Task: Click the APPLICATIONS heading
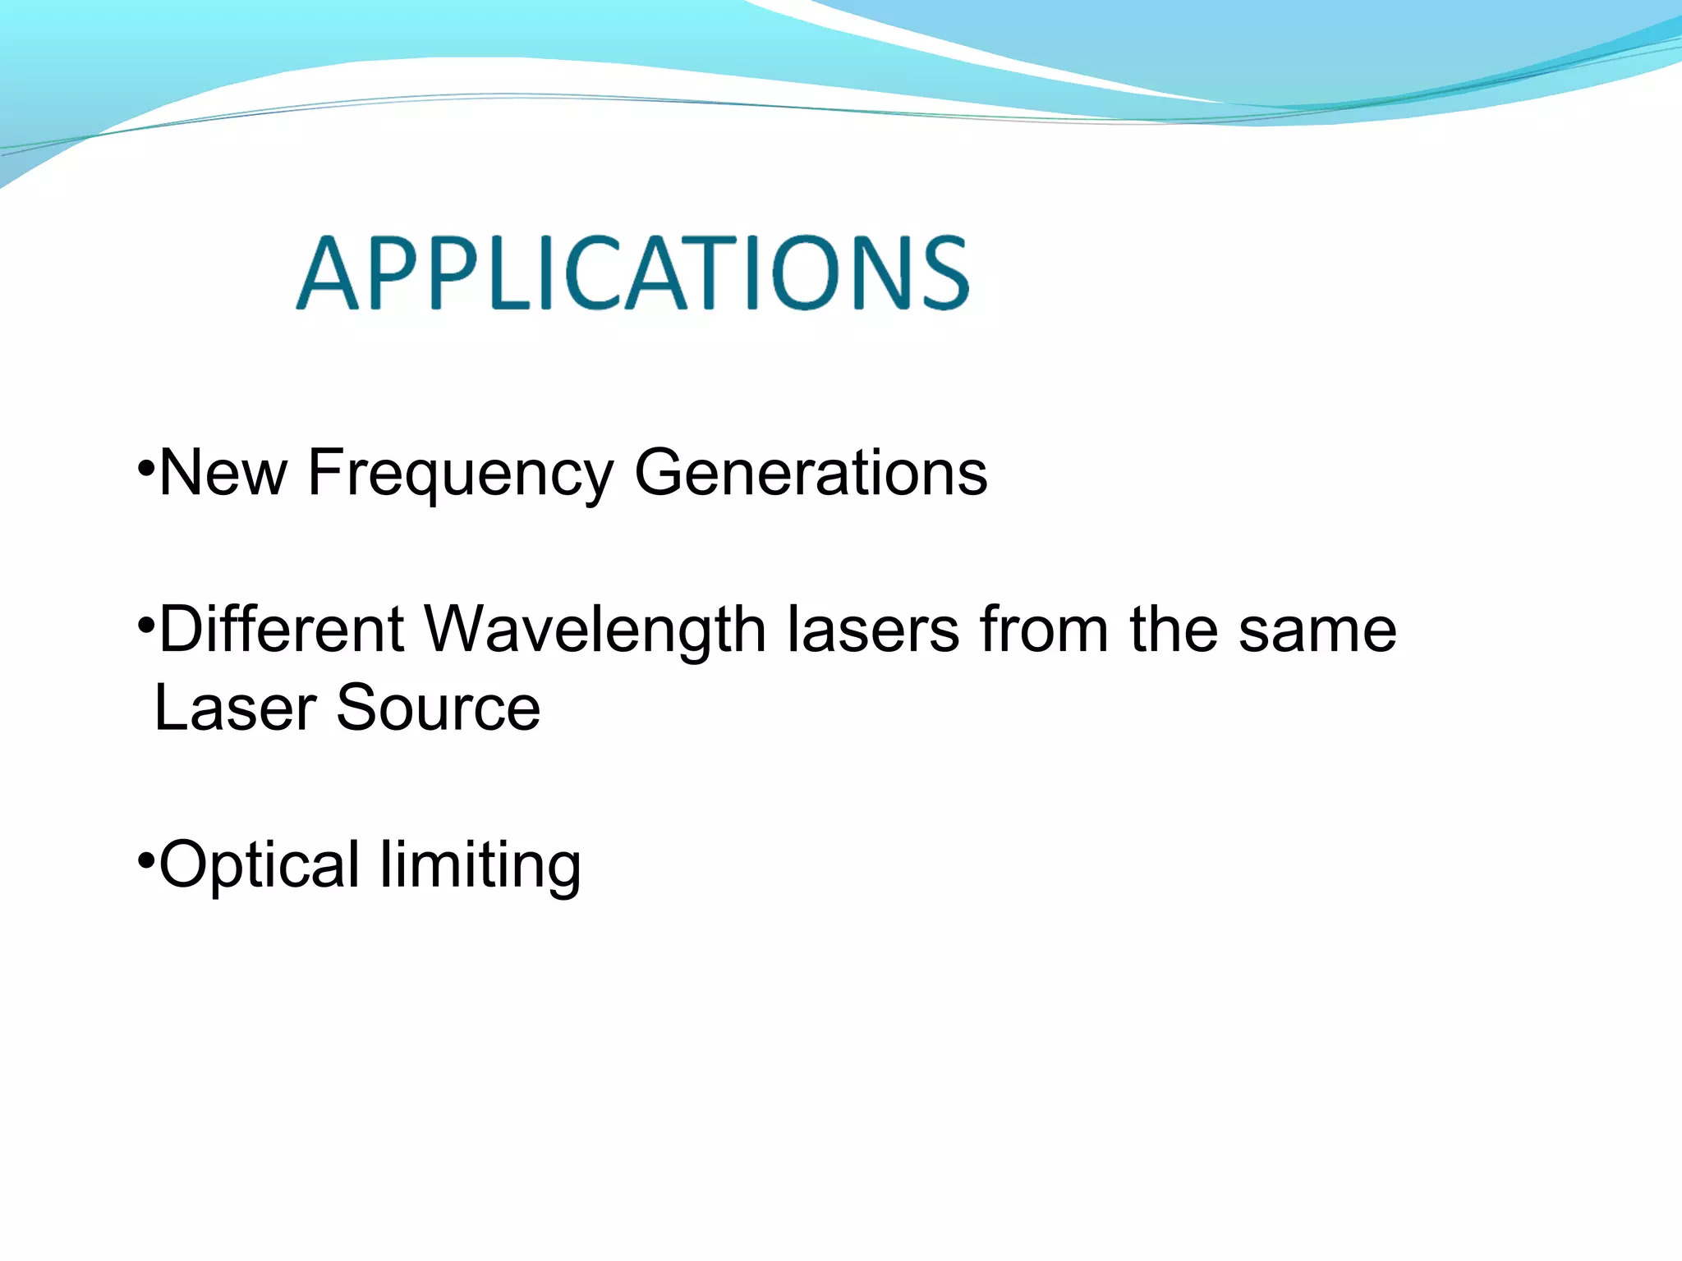click(x=632, y=273)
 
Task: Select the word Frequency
click(x=460, y=476)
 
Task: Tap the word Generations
click(x=811, y=474)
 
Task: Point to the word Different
click(x=282, y=630)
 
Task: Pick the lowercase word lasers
click(x=873, y=630)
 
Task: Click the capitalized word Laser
click(x=235, y=708)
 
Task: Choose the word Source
click(x=439, y=708)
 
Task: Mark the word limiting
click(x=480, y=866)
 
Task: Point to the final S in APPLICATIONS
click(x=944, y=273)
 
